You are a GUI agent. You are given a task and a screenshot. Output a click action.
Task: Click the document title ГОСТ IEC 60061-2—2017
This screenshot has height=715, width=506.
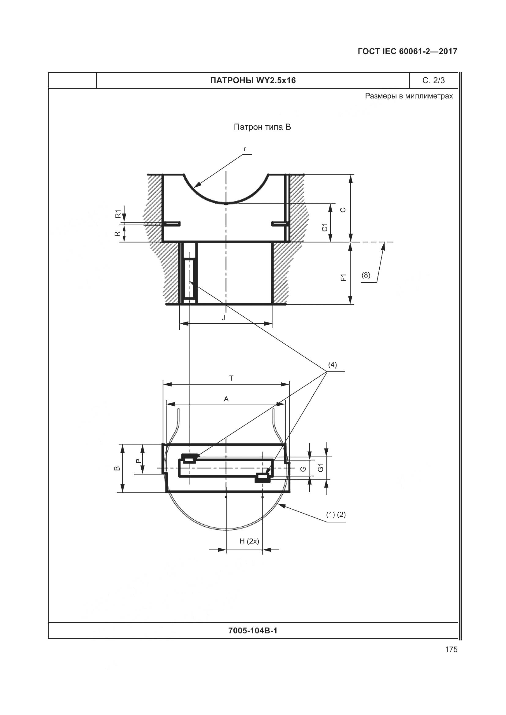(x=407, y=51)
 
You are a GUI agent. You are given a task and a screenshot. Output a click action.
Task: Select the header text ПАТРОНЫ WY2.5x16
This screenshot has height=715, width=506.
(x=253, y=81)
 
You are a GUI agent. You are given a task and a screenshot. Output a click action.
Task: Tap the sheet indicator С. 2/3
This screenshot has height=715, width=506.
(x=434, y=81)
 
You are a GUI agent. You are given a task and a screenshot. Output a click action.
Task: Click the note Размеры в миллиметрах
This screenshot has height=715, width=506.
(x=409, y=96)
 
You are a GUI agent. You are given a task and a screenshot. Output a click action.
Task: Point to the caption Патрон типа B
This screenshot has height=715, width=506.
(x=262, y=127)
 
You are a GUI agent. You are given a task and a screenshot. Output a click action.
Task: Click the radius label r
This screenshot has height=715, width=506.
(x=245, y=149)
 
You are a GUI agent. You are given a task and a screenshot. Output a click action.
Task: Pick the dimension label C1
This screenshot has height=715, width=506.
(x=325, y=227)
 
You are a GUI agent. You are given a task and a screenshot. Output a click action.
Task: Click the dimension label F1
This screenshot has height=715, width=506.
(x=343, y=278)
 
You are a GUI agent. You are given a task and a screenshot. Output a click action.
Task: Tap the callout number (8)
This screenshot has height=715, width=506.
(x=366, y=275)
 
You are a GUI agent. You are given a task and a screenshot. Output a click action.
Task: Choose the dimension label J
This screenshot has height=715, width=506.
(x=223, y=318)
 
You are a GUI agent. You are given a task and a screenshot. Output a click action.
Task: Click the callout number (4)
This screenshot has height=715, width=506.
(x=333, y=365)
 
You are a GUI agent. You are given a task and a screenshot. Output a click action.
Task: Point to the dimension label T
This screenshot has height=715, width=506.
(x=231, y=378)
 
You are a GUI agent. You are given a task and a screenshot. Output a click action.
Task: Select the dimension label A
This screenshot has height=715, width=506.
(x=226, y=399)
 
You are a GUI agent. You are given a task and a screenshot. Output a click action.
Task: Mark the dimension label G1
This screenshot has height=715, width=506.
(x=321, y=468)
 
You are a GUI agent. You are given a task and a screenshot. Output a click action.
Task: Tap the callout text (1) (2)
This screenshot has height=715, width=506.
(x=336, y=514)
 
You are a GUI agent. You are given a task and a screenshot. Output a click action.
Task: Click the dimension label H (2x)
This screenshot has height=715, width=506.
(x=249, y=541)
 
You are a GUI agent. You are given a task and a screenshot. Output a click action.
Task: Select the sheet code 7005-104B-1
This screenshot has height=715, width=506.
(x=253, y=631)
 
